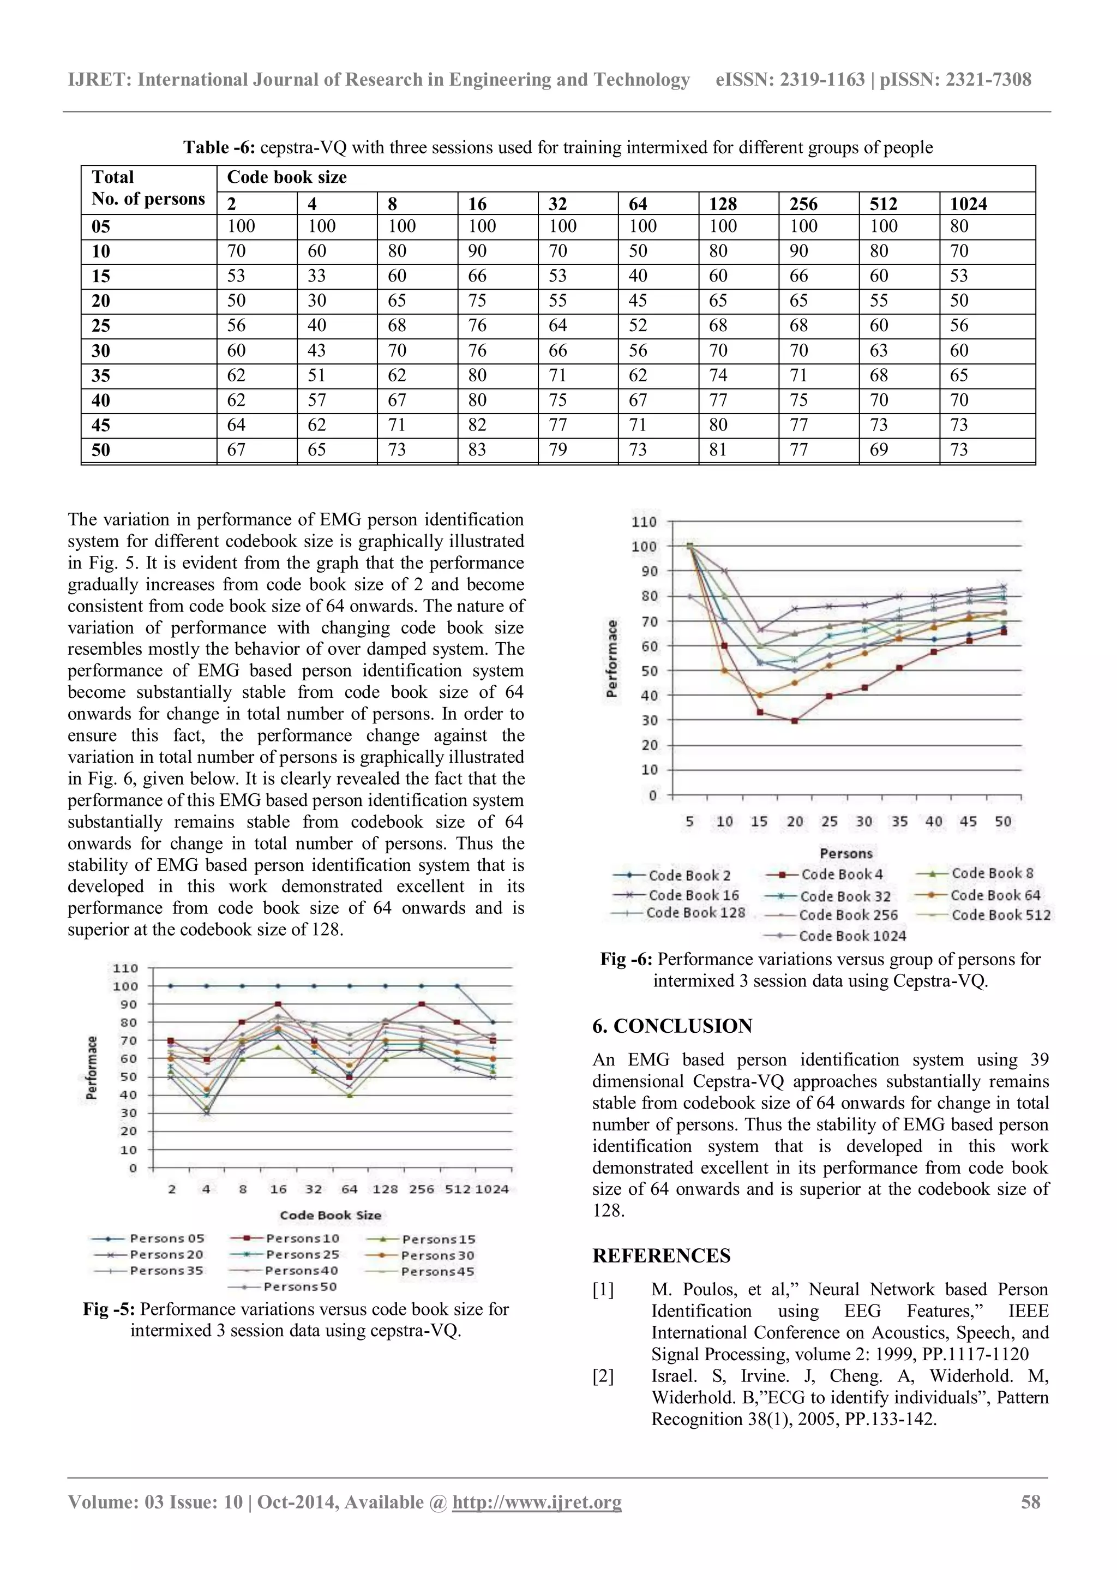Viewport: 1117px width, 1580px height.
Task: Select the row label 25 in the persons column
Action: pos(101,326)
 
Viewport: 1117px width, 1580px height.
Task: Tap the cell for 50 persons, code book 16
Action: pos(477,450)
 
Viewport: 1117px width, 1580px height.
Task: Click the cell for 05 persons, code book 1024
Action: pos(959,226)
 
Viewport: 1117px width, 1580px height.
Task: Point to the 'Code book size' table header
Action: pos(287,177)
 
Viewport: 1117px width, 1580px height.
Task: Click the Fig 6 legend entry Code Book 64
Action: pos(995,895)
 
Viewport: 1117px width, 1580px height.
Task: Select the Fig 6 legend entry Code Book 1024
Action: pos(851,936)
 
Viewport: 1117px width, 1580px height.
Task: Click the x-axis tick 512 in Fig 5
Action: pos(458,1190)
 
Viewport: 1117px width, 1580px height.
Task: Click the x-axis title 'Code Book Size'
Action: pos(330,1215)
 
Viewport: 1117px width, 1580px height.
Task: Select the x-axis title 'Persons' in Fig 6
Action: pos(846,853)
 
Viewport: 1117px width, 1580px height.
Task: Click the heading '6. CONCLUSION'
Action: pos(672,1026)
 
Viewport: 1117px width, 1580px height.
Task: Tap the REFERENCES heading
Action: pos(661,1256)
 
